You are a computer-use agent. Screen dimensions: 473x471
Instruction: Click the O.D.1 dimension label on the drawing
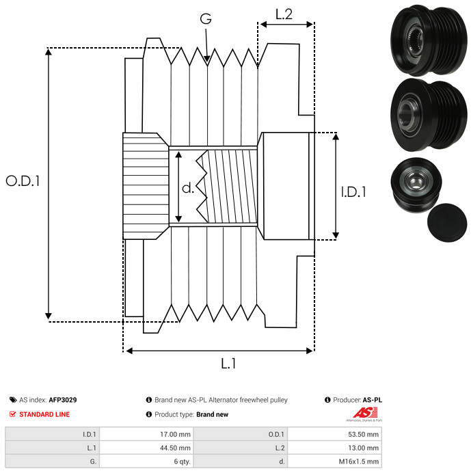coord(23,181)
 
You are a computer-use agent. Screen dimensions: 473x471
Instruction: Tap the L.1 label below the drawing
coord(228,364)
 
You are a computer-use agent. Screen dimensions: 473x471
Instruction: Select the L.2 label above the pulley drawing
coord(284,14)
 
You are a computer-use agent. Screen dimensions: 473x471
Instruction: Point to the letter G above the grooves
coord(206,19)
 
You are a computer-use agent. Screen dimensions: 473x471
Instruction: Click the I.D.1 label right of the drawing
coord(353,192)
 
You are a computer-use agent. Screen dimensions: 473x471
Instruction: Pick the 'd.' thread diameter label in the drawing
coord(188,189)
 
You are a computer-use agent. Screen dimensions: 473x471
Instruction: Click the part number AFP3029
coord(63,400)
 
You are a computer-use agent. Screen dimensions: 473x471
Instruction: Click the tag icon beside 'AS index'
coord(13,400)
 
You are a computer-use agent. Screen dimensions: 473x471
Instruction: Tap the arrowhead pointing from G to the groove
coord(207,61)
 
